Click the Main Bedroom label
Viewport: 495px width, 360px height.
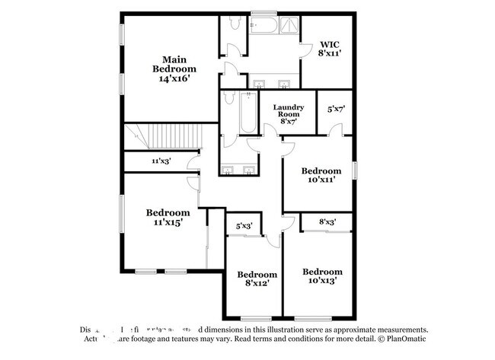point(174,68)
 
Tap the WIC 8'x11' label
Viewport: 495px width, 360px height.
point(329,49)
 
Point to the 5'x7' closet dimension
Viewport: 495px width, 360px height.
point(336,109)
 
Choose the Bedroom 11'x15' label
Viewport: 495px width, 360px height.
point(168,217)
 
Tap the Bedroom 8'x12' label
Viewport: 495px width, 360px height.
point(257,279)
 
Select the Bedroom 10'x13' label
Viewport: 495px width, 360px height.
point(322,276)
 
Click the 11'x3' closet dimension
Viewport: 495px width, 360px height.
point(160,161)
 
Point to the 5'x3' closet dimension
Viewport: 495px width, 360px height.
point(244,226)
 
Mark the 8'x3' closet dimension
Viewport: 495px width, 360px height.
point(327,222)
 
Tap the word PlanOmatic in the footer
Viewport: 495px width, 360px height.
point(404,339)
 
